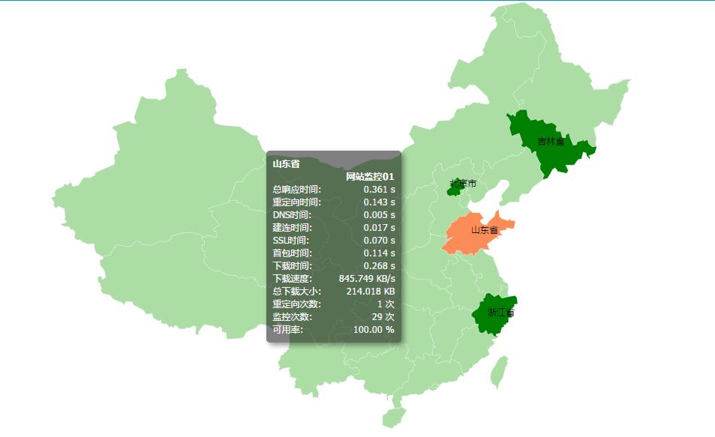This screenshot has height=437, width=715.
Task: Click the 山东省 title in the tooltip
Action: tap(286, 163)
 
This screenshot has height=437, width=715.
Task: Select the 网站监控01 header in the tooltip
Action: tap(370, 176)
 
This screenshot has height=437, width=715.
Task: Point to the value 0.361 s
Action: tap(379, 190)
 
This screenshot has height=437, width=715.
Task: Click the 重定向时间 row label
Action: tap(296, 202)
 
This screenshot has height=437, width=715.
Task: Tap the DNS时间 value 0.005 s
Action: tap(379, 215)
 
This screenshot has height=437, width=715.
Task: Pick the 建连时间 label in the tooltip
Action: tap(292, 228)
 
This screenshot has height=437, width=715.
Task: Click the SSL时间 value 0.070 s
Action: tap(379, 241)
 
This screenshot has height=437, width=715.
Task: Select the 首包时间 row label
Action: tap(292, 253)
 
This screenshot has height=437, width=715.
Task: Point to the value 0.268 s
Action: tap(379, 266)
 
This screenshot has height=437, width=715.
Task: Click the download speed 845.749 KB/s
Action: tap(367, 279)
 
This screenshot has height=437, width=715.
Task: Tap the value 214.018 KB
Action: tap(371, 292)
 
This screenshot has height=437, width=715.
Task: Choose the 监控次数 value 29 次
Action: tap(383, 317)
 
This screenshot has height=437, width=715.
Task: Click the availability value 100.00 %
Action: tap(374, 330)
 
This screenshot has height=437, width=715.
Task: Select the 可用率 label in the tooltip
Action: tap(288, 330)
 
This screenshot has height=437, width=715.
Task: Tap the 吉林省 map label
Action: tap(551, 141)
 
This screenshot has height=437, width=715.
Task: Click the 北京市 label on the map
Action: tap(463, 184)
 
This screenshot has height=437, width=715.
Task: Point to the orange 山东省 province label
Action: tap(485, 230)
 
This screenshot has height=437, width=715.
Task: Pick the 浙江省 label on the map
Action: tap(500, 313)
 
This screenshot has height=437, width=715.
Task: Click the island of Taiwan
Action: tap(498, 372)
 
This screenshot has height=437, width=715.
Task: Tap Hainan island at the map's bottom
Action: tap(392, 417)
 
